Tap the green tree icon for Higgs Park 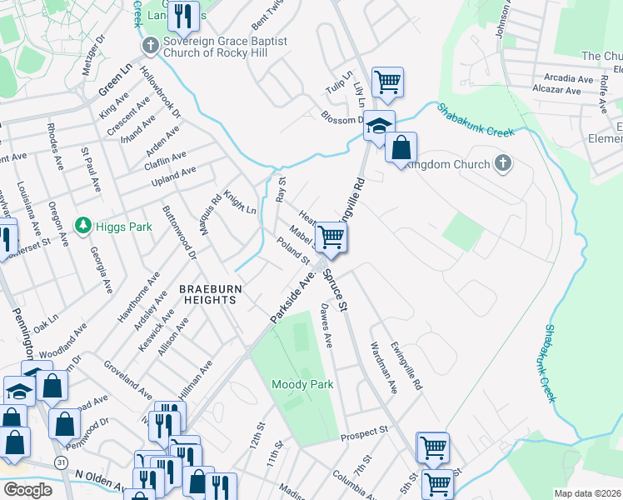(82, 225)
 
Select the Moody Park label (302, 384)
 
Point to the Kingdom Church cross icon (502, 163)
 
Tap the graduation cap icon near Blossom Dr (379, 127)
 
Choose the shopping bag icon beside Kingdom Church (401, 148)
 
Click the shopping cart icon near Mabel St (331, 237)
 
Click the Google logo (27, 490)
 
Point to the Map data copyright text (588, 493)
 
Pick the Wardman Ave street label (384, 367)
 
